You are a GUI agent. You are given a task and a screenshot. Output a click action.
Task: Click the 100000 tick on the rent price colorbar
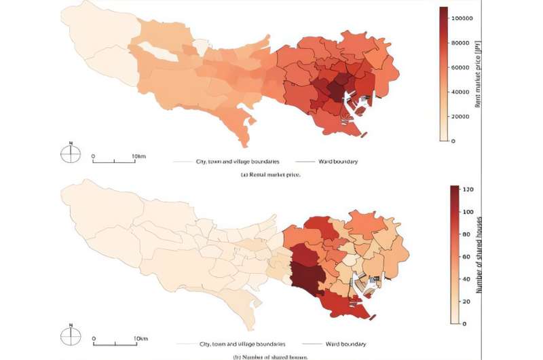pos(462,18)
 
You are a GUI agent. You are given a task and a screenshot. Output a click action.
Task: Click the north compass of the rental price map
pos(71,154)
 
